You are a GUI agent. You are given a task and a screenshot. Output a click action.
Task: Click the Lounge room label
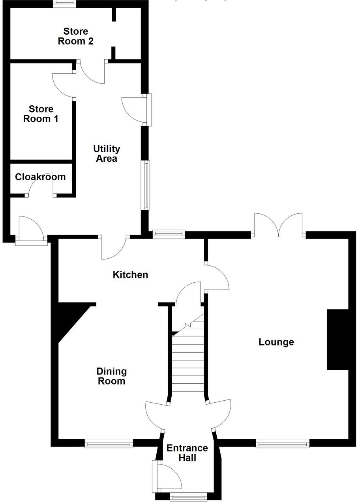click(x=276, y=342)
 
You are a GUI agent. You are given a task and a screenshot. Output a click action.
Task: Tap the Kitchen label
click(x=130, y=274)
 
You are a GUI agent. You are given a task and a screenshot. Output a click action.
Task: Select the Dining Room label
click(x=112, y=376)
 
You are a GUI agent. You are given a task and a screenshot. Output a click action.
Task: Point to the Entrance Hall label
click(x=187, y=453)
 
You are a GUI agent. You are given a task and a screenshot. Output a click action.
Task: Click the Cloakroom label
click(x=40, y=177)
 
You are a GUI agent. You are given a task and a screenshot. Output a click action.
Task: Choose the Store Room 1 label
click(x=41, y=114)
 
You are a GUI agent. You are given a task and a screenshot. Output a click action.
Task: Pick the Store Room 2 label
click(x=76, y=36)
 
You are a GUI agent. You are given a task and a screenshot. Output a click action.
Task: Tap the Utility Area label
click(x=107, y=154)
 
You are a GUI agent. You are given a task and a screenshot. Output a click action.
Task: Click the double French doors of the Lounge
click(x=279, y=226)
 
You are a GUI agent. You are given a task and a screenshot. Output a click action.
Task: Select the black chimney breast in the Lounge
click(x=337, y=340)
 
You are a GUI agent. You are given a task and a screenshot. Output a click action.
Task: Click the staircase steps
click(x=188, y=363)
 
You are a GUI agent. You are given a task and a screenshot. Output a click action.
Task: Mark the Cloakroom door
click(x=41, y=185)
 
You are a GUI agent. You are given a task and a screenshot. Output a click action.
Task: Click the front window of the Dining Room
click(x=109, y=444)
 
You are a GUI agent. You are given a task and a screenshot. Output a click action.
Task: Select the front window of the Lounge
click(x=283, y=444)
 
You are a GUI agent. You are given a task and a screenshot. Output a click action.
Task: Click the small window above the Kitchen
click(x=169, y=234)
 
